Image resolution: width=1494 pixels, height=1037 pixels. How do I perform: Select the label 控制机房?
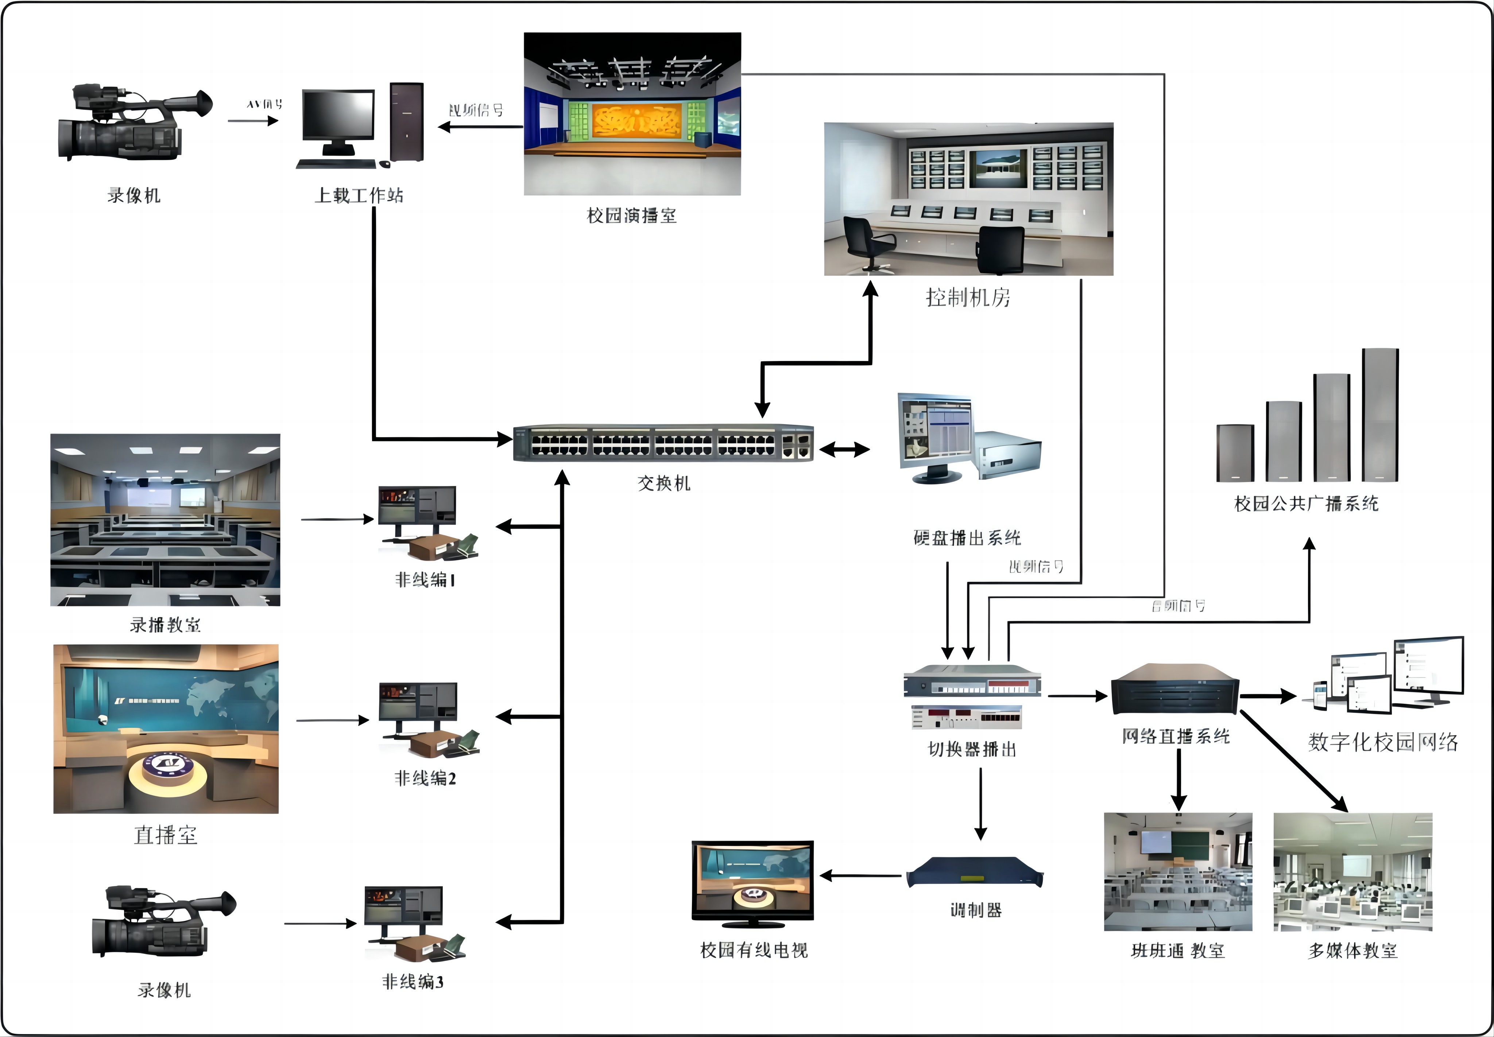pos(968,298)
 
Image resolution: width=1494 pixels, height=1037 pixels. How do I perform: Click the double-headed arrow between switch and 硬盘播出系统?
pos(844,449)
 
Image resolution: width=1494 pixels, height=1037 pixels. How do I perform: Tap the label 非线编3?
pos(413,982)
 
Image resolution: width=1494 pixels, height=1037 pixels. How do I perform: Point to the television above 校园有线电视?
pos(752,881)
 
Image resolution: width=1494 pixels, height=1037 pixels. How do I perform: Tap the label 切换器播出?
pos(972,750)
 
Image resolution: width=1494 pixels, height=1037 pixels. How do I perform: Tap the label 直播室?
pos(165,835)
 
